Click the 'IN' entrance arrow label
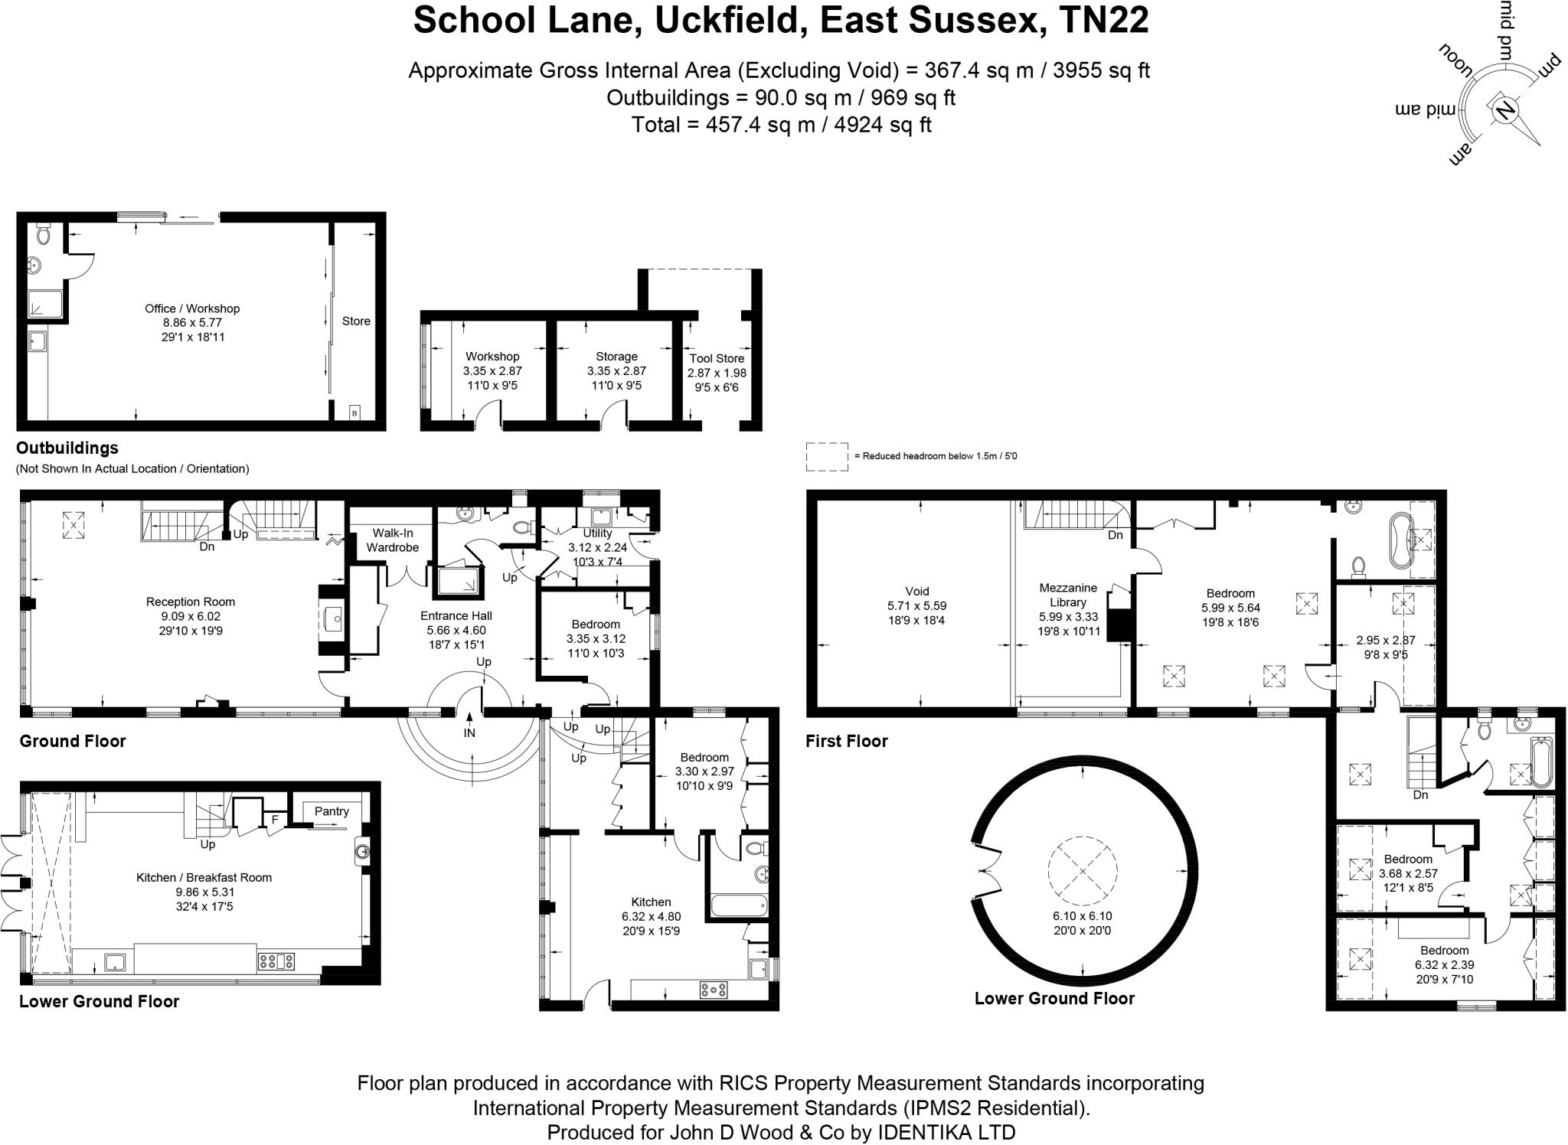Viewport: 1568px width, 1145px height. [469, 732]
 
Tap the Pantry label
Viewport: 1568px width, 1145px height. [332, 811]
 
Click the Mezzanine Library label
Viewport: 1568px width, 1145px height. [1068, 595]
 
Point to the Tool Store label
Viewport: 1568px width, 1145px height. [717, 358]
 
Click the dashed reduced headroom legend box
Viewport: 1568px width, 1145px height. [827, 456]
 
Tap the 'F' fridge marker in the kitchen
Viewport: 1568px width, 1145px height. [274, 820]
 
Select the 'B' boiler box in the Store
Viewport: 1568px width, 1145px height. [354, 413]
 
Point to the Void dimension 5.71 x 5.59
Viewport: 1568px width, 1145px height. [916, 605]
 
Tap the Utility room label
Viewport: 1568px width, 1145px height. [597, 533]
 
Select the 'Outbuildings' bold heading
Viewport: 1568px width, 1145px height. [67, 448]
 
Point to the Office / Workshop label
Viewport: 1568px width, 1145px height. [192, 308]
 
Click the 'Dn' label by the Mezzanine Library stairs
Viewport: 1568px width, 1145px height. [1115, 535]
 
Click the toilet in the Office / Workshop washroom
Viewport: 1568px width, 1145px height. [43, 234]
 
